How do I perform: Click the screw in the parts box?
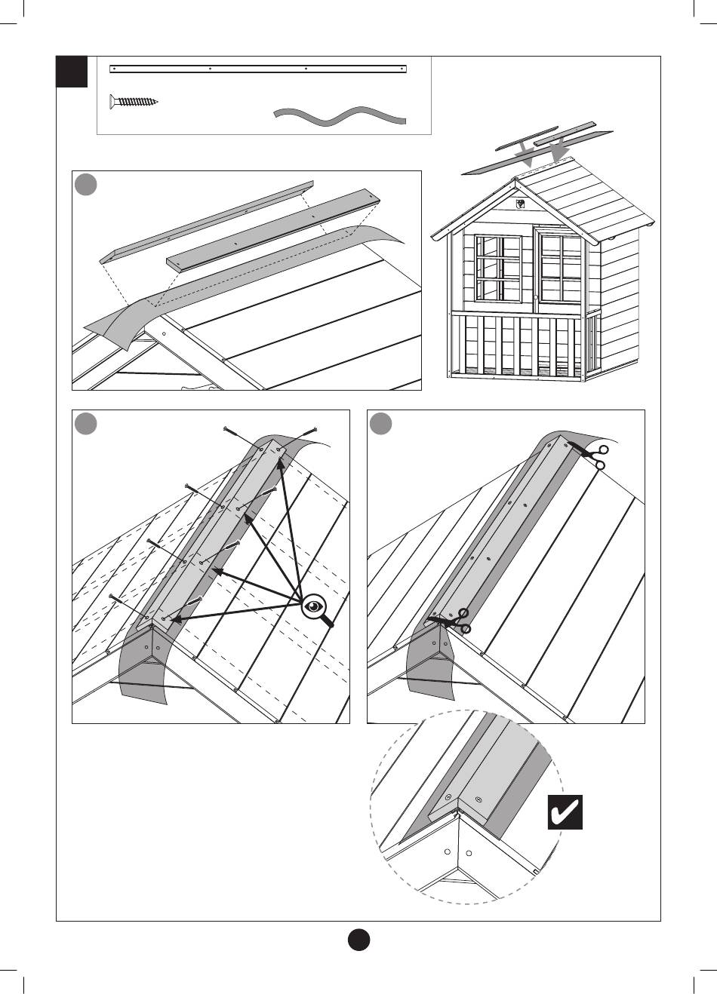134,100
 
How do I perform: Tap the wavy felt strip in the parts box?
340,116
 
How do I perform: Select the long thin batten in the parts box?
258,69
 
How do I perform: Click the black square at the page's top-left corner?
72,72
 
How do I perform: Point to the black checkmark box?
565,811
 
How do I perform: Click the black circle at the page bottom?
358,940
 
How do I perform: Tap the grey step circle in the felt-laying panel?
86,185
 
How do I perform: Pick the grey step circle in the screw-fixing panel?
86,424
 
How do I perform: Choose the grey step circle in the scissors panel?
381,424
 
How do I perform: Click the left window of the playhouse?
498,268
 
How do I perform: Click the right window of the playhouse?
561,268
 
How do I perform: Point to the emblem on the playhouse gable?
520,204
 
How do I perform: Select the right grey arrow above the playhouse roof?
559,152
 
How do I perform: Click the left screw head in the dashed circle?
448,797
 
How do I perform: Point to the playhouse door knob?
535,298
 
